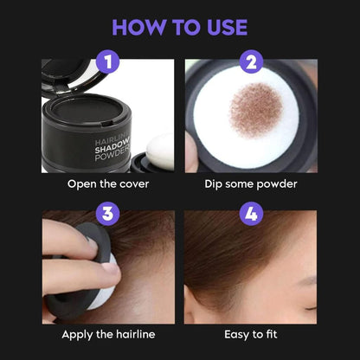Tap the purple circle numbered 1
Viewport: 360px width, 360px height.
point(107,62)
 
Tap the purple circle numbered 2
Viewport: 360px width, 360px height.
point(252,62)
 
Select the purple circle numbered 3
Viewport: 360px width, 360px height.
point(107,213)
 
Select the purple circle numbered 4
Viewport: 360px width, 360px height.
point(252,213)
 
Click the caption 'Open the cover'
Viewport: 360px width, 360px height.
point(107,184)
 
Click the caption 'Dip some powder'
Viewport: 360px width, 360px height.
point(253,184)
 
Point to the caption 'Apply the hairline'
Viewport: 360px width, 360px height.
point(107,333)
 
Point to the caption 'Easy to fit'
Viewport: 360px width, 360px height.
point(253,333)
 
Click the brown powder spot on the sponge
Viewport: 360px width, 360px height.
point(259,109)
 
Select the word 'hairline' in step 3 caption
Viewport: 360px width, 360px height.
point(132,333)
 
